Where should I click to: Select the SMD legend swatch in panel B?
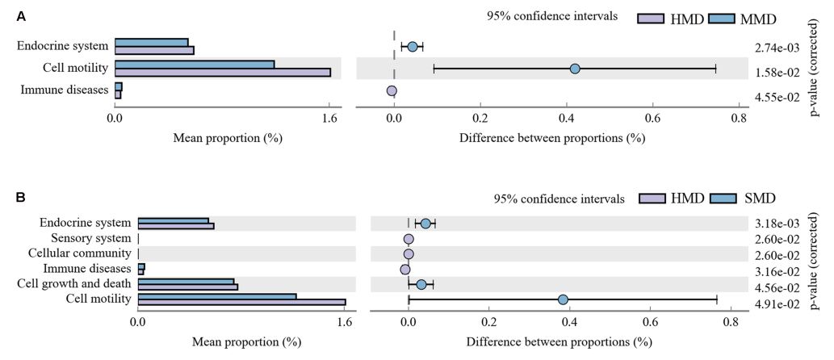722,198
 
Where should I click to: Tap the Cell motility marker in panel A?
575,69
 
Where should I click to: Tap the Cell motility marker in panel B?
563,299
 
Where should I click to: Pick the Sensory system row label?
90,238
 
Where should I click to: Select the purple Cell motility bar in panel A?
223,73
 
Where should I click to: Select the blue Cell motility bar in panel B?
217,296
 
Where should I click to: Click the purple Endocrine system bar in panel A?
154,50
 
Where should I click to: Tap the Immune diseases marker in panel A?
392,91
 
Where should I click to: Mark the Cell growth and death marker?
421,284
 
